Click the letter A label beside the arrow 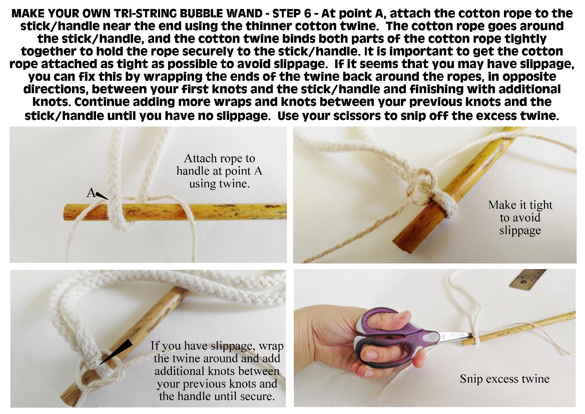click(x=90, y=192)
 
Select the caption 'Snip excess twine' click(x=504, y=379)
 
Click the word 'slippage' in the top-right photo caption click(x=520, y=230)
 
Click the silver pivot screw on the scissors click(x=435, y=337)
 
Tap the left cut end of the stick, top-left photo click(x=66, y=212)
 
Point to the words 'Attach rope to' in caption click(x=219, y=158)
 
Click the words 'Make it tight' click(x=520, y=205)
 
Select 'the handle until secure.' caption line click(x=217, y=396)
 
